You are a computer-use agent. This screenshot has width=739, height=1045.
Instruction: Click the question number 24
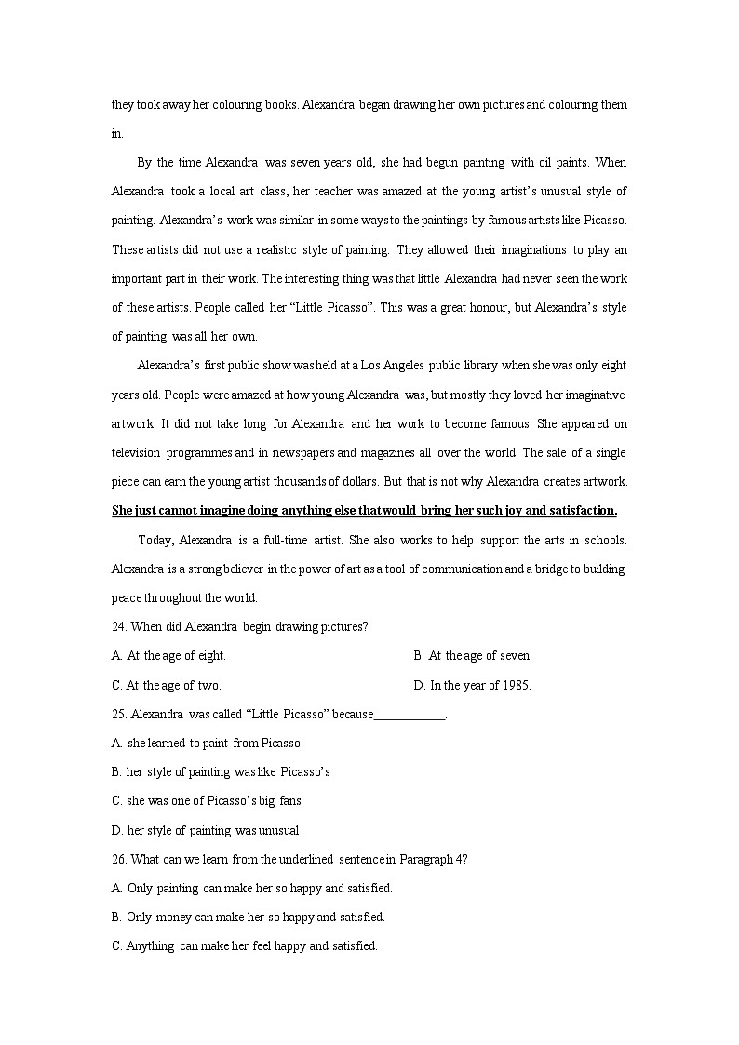click(x=119, y=626)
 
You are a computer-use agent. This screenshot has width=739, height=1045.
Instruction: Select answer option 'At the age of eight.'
click(x=168, y=656)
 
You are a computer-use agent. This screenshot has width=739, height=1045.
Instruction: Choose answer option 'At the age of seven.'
click(x=473, y=656)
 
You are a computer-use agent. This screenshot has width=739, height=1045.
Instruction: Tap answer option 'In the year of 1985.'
click(x=472, y=686)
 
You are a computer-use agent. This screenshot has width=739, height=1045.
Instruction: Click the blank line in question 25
click(x=410, y=715)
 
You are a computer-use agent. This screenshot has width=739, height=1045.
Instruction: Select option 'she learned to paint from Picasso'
click(x=206, y=744)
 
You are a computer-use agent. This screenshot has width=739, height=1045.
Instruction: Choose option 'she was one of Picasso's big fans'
click(x=206, y=801)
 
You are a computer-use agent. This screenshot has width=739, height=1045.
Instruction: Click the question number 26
click(x=119, y=859)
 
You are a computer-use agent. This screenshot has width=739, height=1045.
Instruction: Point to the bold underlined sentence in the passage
click(x=364, y=510)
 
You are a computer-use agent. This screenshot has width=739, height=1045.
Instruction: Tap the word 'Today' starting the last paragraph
click(x=155, y=540)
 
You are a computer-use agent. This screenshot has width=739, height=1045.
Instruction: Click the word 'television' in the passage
click(x=136, y=453)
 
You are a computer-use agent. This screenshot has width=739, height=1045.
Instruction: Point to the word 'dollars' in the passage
click(x=358, y=482)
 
